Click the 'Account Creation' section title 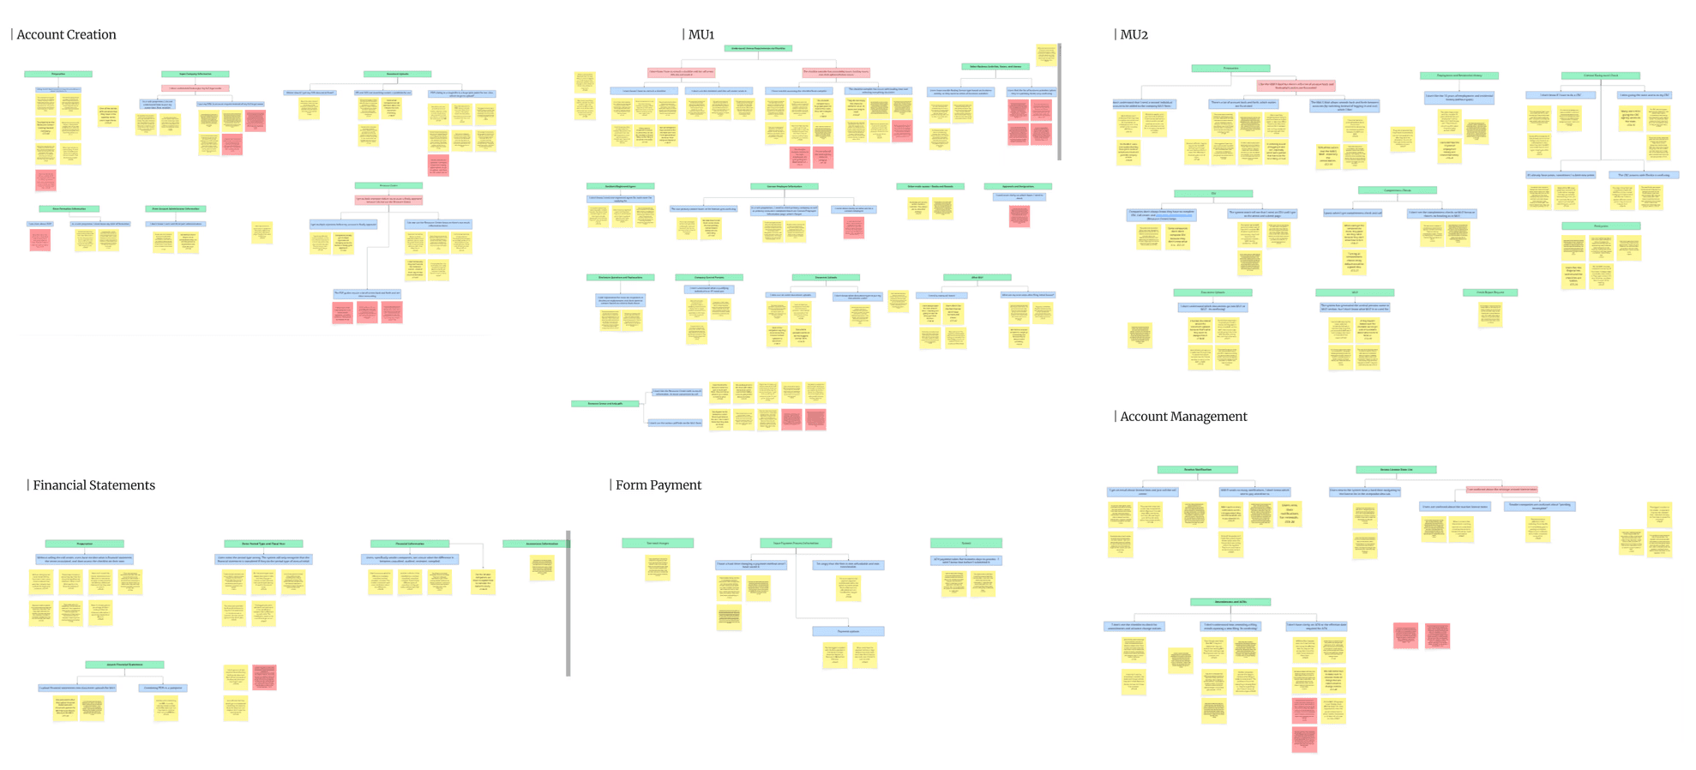click(66, 34)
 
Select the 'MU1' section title click(701, 34)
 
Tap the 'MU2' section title click(1134, 34)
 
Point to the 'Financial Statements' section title click(93, 485)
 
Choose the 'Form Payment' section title click(658, 485)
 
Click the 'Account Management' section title click(1182, 417)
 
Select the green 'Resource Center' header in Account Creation click(388, 185)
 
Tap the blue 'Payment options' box click(848, 631)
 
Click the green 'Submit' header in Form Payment click(965, 543)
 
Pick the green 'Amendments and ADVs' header click(1230, 602)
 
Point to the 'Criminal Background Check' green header click(1601, 75)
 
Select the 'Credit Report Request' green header click(1489, 292)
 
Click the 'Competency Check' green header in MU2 click(1397, 190)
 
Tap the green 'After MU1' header click(977, 278)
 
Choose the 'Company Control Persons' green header click(708, 278)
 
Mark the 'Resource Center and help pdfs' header click(604, 403)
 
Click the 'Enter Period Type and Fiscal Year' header click(263, 544)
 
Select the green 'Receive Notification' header click(1197, 470)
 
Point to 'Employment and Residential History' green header click(1458, 75)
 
